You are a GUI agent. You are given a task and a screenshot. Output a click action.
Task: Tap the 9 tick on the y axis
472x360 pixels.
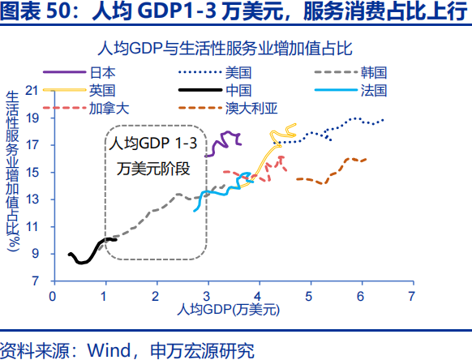click(35, 254)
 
